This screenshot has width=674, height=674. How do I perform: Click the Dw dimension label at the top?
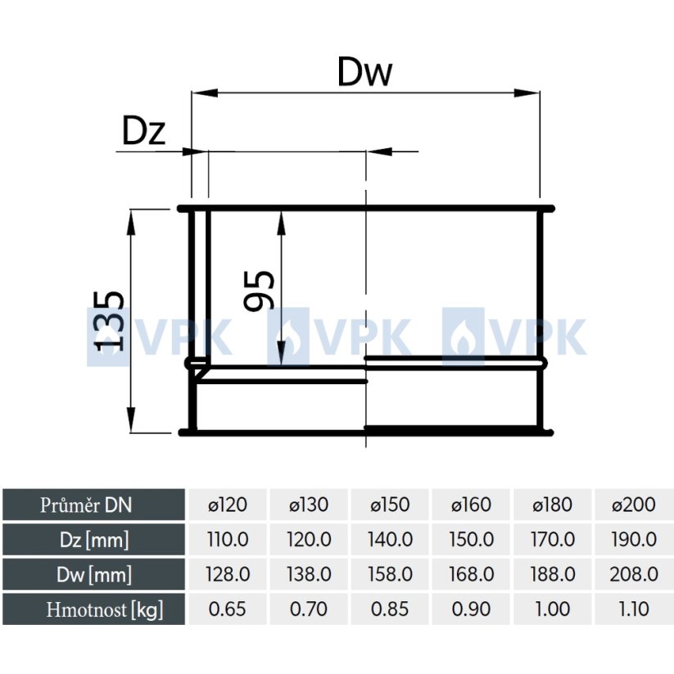(364, 73)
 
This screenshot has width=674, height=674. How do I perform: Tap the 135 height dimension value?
(108, 320)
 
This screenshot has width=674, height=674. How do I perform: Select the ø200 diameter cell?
(634, 504)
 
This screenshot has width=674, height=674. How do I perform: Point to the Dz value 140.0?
(390, 540)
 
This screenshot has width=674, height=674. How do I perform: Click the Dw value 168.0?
(471, 574)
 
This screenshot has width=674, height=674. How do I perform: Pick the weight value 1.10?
(634, 609)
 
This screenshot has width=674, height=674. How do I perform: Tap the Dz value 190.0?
(634, 540)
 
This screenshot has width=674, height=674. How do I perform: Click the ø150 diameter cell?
(390, 504)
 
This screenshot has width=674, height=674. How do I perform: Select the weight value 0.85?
(390, 609)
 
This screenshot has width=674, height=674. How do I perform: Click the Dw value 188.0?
(552, 574)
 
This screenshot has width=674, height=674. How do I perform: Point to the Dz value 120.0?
(309, 540)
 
